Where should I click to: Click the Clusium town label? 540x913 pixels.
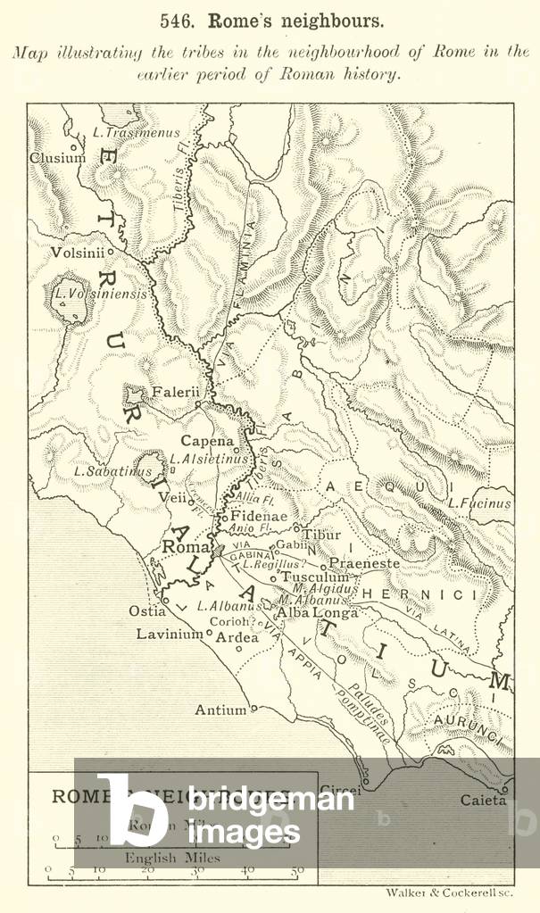(58, 158)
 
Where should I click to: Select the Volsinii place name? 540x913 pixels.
(76, 253)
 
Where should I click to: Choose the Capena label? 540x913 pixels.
(206, 441)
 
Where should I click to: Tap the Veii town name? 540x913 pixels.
(172, 499)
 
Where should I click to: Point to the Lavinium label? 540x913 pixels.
(170, 635)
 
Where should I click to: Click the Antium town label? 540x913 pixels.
(220, 710)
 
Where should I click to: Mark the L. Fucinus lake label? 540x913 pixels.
(479, 503)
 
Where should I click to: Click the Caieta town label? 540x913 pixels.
(483, 801)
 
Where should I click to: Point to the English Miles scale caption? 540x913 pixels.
(172, 858)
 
